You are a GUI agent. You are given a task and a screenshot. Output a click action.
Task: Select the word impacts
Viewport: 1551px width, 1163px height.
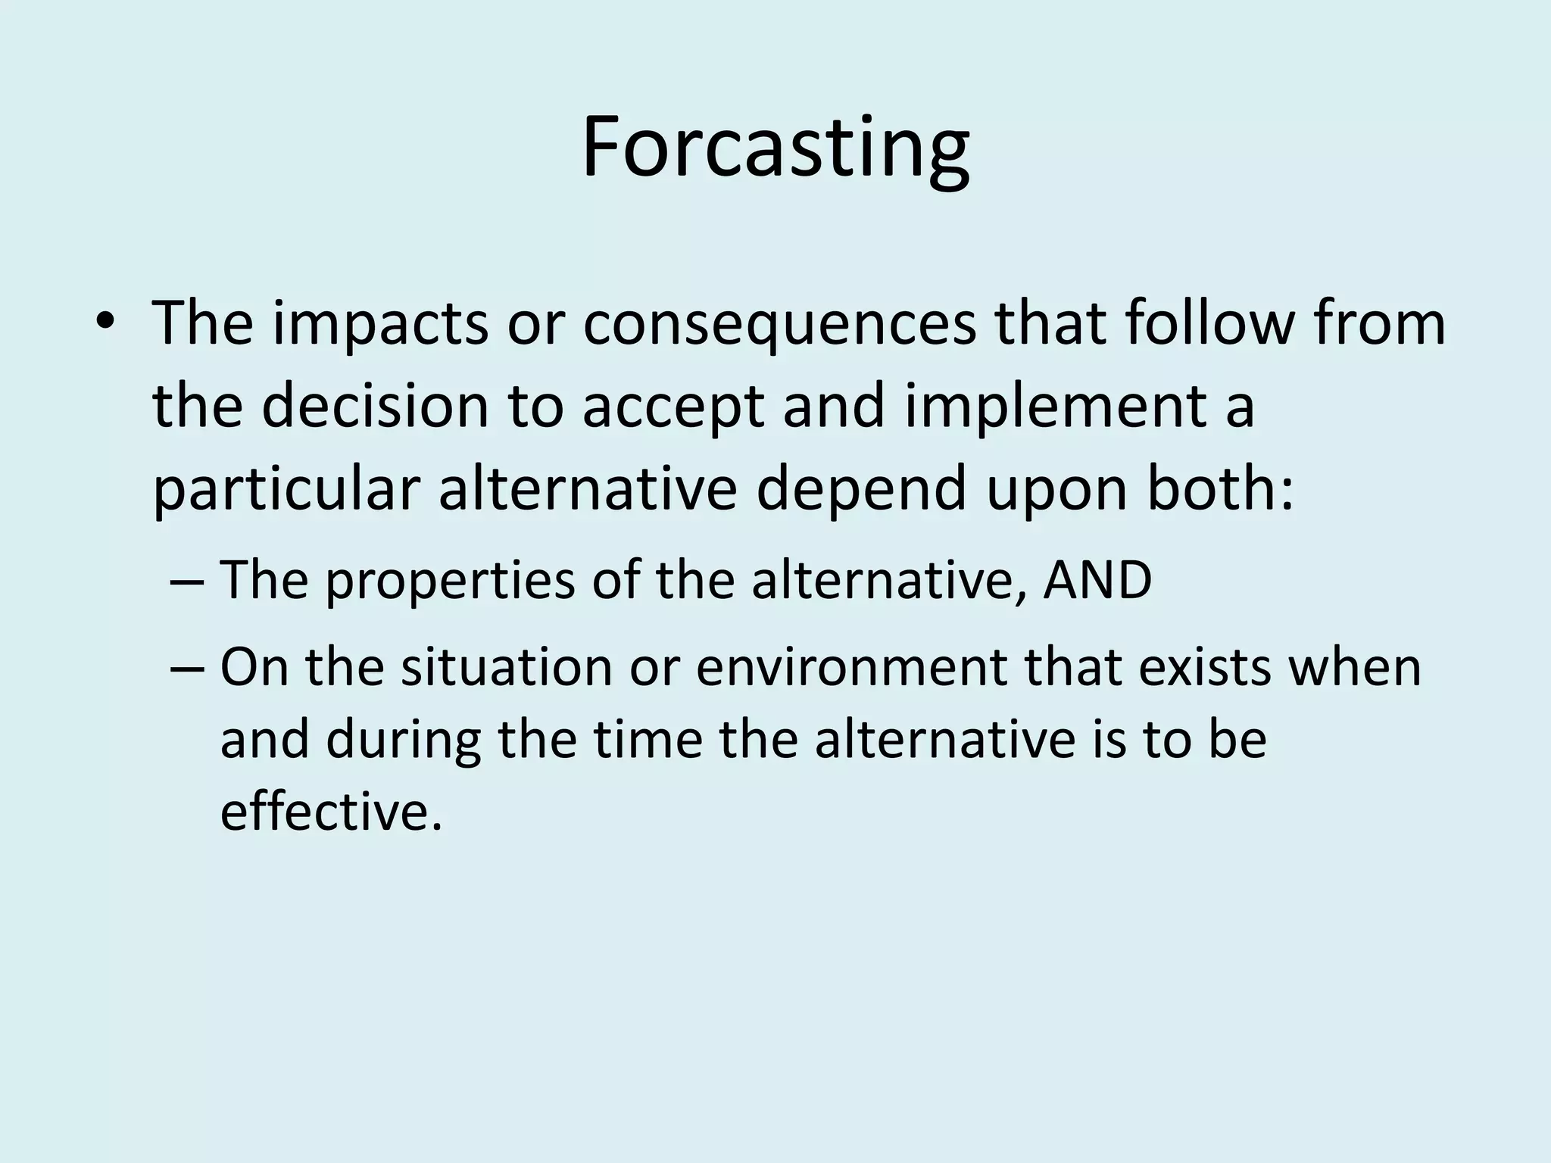tap(381, 324)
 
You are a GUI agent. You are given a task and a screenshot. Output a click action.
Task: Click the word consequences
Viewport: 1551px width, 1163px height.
tap(779, 324)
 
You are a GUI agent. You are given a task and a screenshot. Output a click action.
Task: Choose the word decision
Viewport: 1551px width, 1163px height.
tap(376, 406)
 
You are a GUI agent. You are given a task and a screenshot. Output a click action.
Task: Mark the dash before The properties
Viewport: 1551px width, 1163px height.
tap(186, 581)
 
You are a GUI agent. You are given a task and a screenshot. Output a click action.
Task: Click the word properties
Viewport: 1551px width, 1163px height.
tap(450, 581)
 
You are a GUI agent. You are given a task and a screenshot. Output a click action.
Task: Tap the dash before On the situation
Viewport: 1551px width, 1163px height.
tap(186, 668)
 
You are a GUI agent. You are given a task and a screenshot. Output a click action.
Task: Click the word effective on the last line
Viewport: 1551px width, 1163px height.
tap(331, 812)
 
